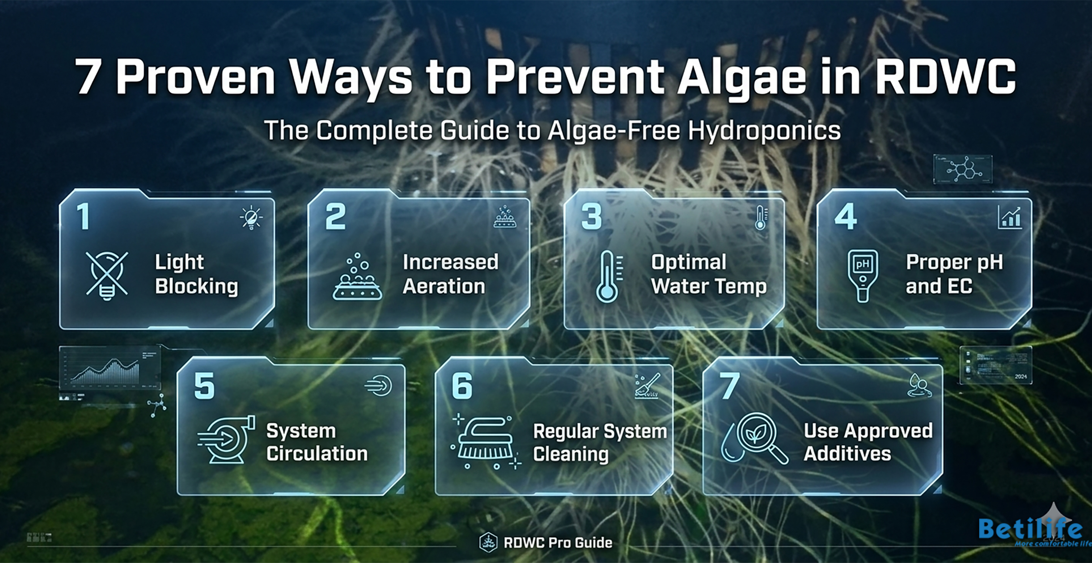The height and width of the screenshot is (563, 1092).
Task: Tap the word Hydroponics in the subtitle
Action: click(x=764, y=131)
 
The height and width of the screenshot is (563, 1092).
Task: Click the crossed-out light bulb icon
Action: click(x=107, y=275)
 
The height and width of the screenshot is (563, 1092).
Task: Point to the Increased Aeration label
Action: click(x=450, y=274)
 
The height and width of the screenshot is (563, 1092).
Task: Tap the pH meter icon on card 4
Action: click(x=862, y=275)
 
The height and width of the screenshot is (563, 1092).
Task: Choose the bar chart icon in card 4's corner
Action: click(x=1010, y=217)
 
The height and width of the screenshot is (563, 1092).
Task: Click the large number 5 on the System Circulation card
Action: click(x=204, y=386)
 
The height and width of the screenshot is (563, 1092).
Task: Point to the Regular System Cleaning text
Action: click(x=599, y=442)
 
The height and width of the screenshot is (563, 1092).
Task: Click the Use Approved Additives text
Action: click(x=868, y=442)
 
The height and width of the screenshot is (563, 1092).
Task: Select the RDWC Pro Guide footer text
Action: click(x=558, y=543)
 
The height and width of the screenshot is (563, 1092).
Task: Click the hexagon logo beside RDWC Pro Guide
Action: click(x=488, y=543)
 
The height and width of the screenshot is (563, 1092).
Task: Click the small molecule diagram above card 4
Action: click(x=962, y=169)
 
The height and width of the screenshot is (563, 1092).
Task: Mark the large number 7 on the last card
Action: click(x=729, y=386)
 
